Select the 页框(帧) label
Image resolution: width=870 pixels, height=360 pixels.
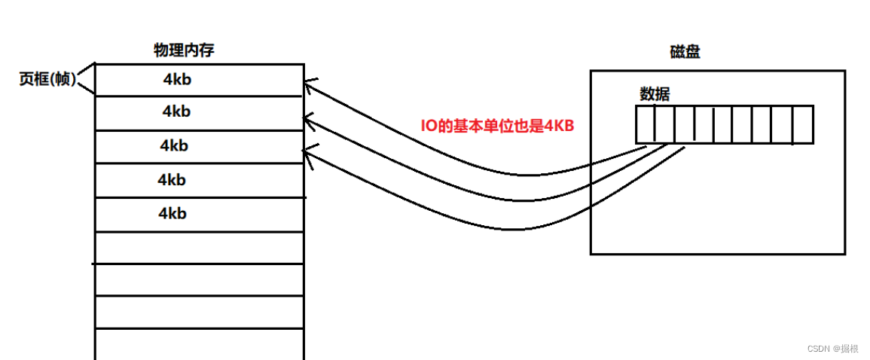pos(47,79)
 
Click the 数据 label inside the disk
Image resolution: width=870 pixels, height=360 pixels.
pos(655,94)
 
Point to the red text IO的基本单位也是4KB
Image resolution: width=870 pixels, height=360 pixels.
pos(497,126)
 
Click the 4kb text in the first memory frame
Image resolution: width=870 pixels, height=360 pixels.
pos(178,78)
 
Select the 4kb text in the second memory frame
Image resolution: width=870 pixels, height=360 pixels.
pos(176,111)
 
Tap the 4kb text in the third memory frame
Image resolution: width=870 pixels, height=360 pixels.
pos(174,145)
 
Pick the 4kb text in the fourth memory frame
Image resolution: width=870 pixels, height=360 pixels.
pos(172,180)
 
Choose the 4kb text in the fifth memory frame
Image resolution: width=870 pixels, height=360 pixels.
pos(172,213)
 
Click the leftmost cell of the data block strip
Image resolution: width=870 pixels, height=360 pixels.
pos(645,124)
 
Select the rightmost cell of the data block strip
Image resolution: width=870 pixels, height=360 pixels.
pos(804,124)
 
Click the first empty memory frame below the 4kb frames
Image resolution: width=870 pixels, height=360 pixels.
pos(200,247)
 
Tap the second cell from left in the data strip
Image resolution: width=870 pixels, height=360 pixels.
pos(664,124)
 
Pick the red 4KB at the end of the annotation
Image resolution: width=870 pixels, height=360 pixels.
pos(560,126)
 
